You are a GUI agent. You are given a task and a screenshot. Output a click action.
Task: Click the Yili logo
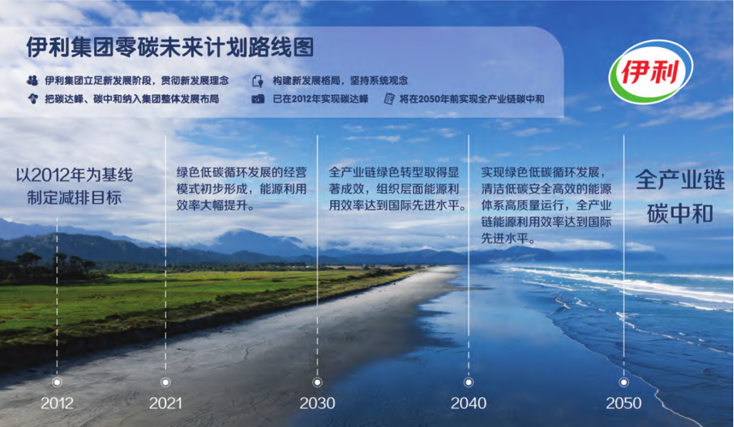pyautogui.click(x=651, y=72)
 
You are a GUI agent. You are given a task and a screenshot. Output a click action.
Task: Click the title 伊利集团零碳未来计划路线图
pyautogui.click(x=170, y=47)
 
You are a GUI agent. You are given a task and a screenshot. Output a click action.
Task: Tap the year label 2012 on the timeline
pyautogui.click(x=57, y=403)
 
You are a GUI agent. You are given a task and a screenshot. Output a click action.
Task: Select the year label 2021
pyautogui.click(x=165, y=403)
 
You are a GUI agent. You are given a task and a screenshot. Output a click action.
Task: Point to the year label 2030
pyautogui.click(x=318, y=403)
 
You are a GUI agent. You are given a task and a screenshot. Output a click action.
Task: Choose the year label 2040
pyautogui.click(x=469, y=403)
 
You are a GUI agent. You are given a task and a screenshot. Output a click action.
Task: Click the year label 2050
pyautogui.click(x=624, y=403)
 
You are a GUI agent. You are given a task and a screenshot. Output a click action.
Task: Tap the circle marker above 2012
pyautogui.click(x=57, y=382)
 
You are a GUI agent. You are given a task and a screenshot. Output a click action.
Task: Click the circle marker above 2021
pyautogui.click(x=165, y=382)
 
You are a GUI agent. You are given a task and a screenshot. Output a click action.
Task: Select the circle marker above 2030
pyautogui.click(x=318, y=382)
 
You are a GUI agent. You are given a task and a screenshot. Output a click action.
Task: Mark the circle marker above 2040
pyautogui.click(x=469, y=382)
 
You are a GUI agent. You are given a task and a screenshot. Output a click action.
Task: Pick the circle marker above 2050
pyautogui.click(x=624, y=382)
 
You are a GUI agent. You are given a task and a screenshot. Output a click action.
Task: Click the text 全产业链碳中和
pyautogui.click(x=680, y=197)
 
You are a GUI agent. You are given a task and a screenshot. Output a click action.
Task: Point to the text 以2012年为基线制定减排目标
pyautogui.click(x=75, y=186)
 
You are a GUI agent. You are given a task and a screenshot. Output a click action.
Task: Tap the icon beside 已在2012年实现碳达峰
pyautogui.click(x=258, y=99)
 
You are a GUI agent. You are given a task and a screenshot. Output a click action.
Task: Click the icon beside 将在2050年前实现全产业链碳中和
pyautogui.click(x=389, y=98)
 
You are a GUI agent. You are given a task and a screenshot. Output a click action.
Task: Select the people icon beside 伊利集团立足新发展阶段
pyautogui.click(x=32, y=80)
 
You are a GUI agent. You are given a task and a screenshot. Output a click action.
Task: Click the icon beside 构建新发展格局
pyautogui.click(x=258, y=81)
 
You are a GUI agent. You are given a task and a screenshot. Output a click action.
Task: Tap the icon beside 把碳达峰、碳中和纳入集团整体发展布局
pyautogui.click(x=32, y=99)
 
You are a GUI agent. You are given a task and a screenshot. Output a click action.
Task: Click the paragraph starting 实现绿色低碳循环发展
pyautogui.click(x=547, y=205)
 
